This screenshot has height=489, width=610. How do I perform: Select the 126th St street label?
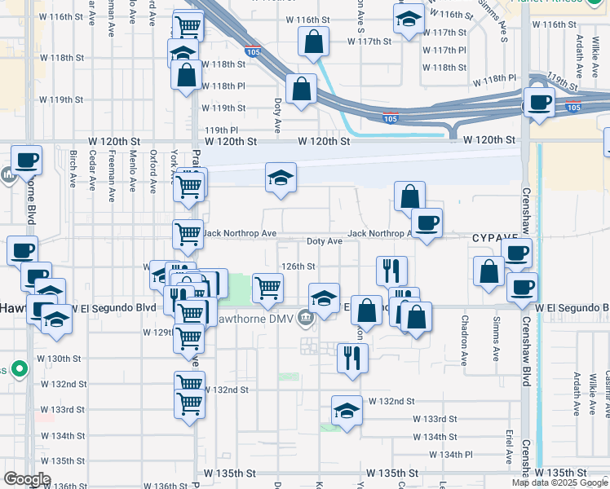298,267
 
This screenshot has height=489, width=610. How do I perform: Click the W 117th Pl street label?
445,51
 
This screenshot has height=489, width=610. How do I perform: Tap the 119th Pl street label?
221,130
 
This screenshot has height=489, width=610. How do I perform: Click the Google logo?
28,479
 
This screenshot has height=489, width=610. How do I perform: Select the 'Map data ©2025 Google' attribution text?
560,482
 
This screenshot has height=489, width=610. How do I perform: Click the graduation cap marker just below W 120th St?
281,178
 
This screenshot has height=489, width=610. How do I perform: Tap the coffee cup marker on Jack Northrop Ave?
426,223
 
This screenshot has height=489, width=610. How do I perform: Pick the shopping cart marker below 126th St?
267,288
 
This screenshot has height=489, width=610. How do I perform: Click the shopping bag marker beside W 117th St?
313,42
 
